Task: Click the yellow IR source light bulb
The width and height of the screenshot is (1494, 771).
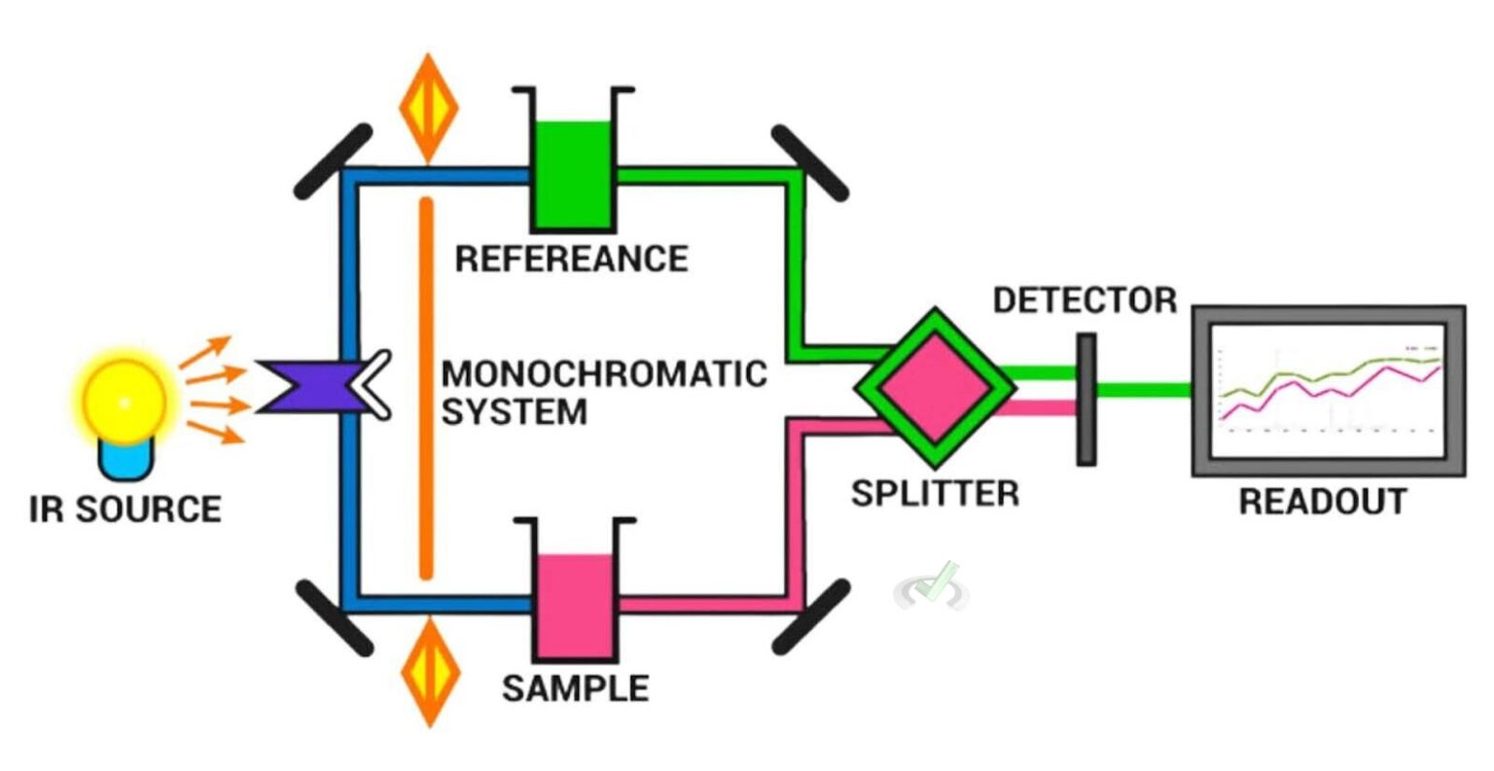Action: click(124, 402)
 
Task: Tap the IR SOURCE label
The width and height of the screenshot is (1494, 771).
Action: click(125, 509)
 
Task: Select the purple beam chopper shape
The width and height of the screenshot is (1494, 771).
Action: click(316, 386)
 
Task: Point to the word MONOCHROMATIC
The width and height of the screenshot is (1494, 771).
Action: click(604, 374)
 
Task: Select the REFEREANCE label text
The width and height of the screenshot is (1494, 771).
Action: click(572, 259)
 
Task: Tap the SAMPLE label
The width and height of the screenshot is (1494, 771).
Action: click(575, 688)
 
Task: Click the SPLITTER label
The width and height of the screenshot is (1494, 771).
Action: click(935, 493)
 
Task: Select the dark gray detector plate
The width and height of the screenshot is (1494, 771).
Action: click(1086, 399)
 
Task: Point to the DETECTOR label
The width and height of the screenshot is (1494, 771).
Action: click(1085, 300)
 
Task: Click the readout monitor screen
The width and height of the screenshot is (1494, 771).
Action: click(1329, 389)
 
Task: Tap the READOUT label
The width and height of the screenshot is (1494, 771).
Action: click(1323, 502)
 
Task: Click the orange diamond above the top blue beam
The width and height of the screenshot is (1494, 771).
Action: click(429, 108)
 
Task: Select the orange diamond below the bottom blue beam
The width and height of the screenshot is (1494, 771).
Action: click(429, 670)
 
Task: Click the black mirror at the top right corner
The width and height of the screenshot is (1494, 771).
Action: click(809, 163)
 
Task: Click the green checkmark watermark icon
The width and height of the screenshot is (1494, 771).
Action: click(935, 586)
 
